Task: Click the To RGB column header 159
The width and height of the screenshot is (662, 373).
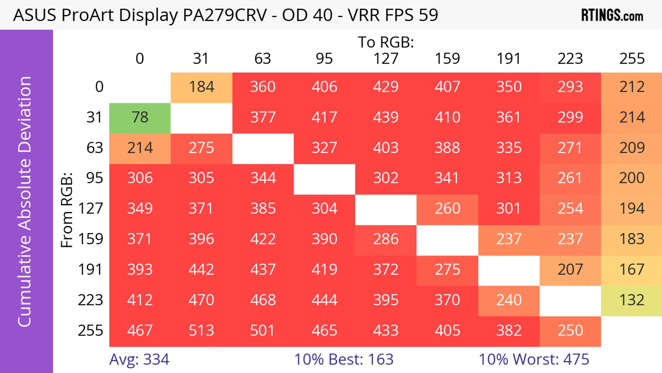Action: pyautogui.click(x=447, y=59)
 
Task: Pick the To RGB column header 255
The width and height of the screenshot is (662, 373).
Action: pyautogui.click(x=632, y=59)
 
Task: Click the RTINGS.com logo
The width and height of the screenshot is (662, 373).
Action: pyautogui.click(x=612, y=15)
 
